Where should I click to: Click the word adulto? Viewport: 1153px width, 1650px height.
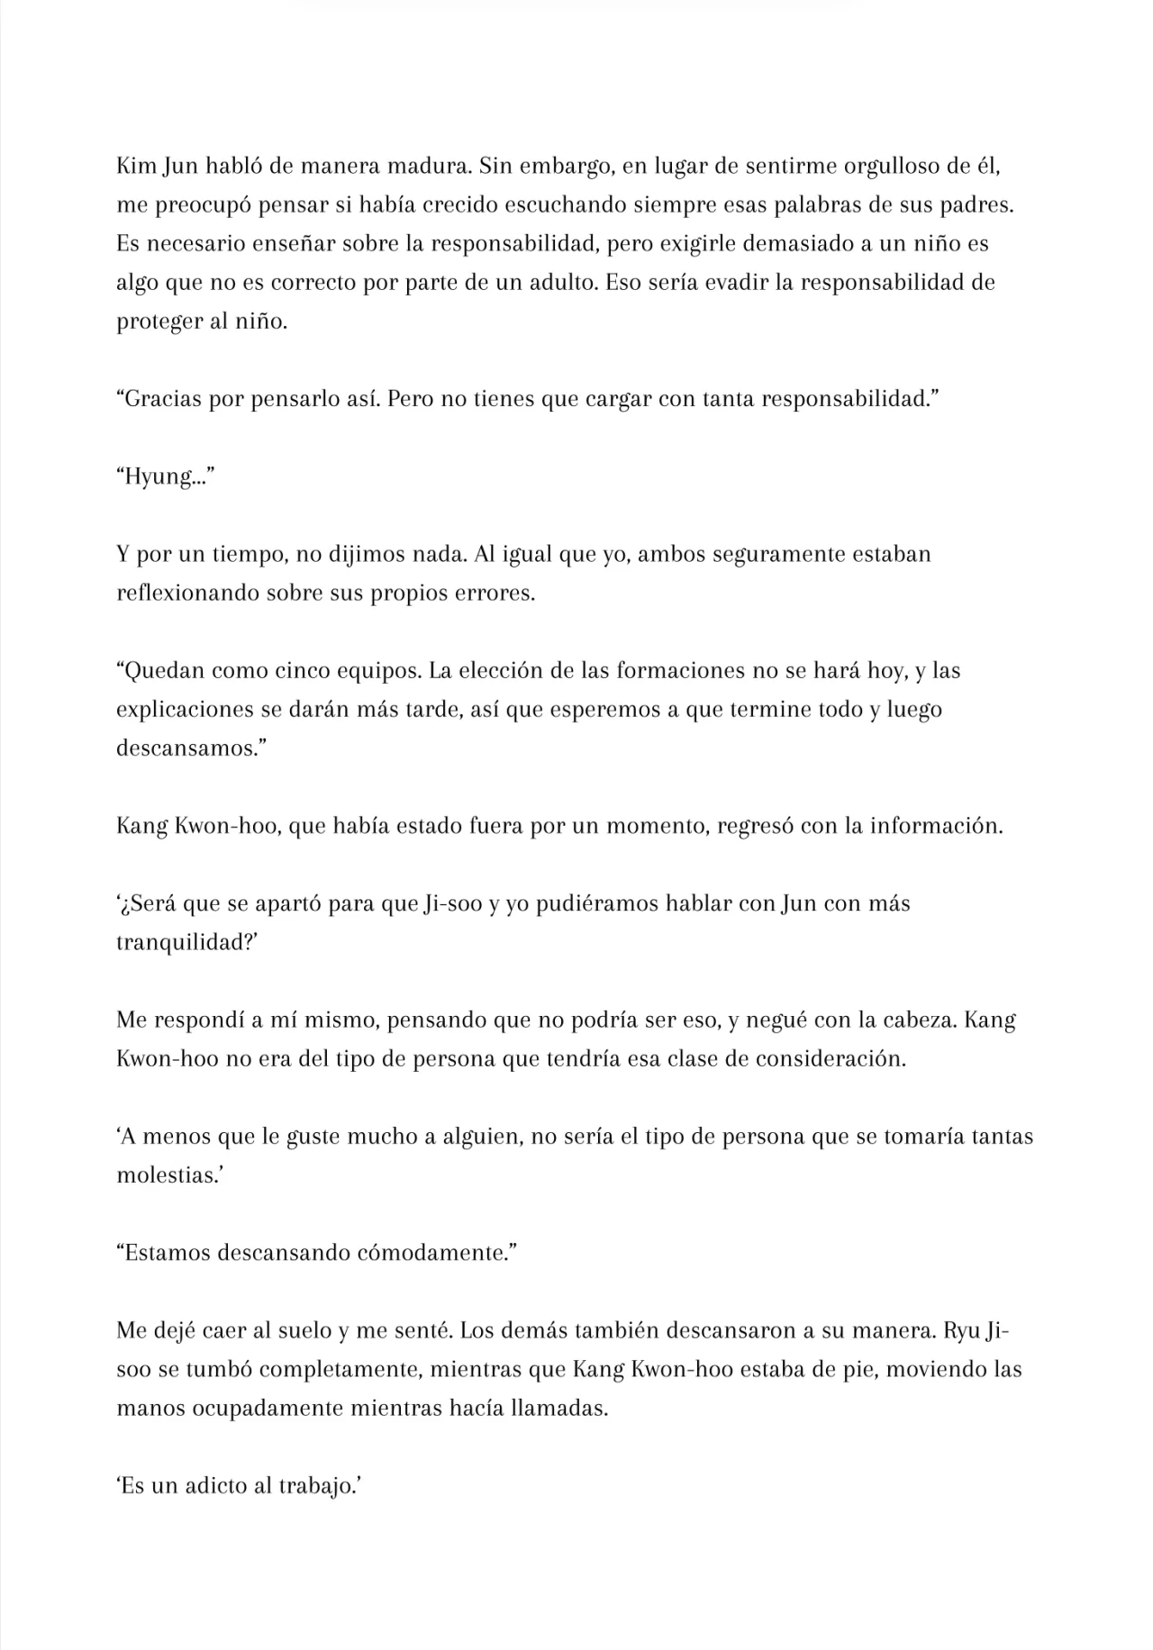[x=556, y=283]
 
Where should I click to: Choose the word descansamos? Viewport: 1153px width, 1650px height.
[x=183, y=748]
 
